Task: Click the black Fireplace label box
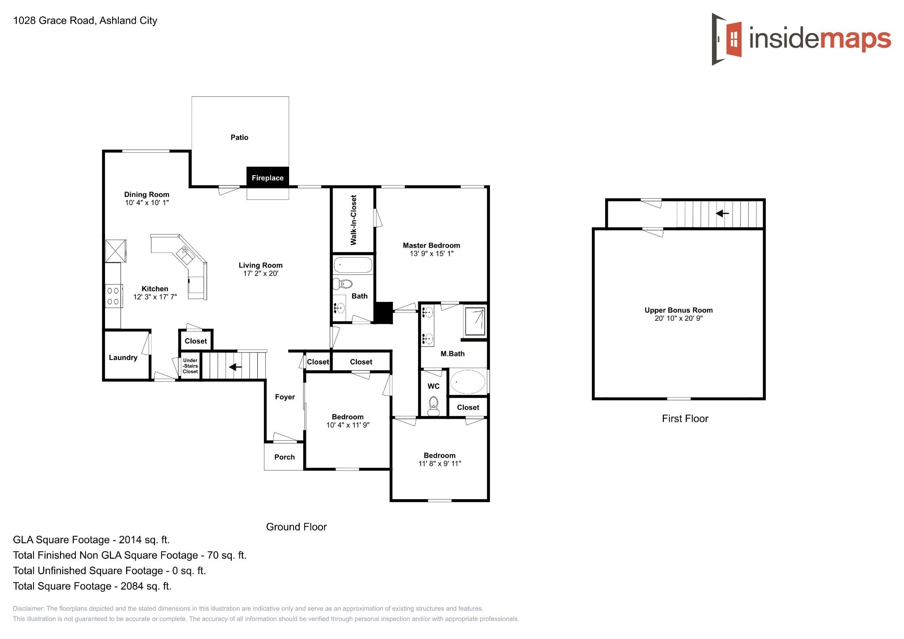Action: point(267,177)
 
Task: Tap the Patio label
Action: point(239,137)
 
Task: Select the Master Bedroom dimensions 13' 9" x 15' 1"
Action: point(431,254)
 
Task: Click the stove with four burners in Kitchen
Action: point(113,296)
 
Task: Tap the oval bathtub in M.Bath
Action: point(467,382)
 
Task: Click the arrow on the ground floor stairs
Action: point(235,367)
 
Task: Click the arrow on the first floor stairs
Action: point(722,214)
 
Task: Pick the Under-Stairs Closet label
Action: point(190,366)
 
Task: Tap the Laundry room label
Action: point(123,357)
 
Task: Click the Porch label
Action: point(284,457)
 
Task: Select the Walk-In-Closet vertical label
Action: point(354,220)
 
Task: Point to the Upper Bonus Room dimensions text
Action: point(678,318)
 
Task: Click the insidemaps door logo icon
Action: point(727,39)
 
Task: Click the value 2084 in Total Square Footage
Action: point(132,586)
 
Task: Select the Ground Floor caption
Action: point(296,527)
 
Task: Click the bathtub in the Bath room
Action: point(353,266)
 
